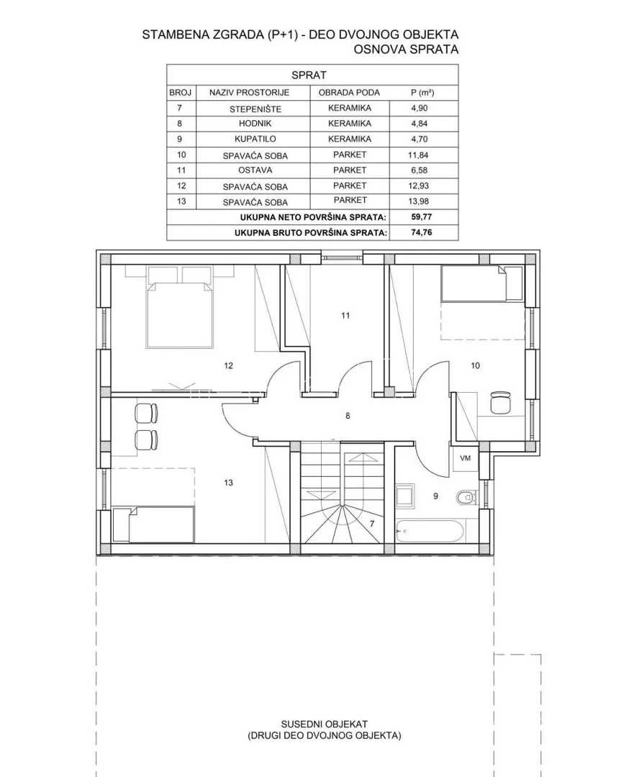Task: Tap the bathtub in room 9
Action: [x=430, y=531]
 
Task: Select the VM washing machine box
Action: [x=465, y=458]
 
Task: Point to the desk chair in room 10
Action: [x=501, y=402]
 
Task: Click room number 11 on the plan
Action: [x=345, y=315]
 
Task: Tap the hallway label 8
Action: [x=348, y=416]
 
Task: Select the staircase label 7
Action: [x=372, y=523]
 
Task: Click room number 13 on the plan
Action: [x=229, y=483]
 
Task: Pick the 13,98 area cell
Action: [x=420, y=201]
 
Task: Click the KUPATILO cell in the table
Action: [x=255, y=139]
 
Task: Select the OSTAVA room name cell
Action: [x=255, y=170]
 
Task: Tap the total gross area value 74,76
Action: [x=421, y=232]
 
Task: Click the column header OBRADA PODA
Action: [x=349, y=92]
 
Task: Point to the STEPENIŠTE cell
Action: [x=255, y=109]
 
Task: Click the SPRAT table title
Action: [x=309, y=76]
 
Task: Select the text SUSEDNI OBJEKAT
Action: [x=324, y=724]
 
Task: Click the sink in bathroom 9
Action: [x=405, y=495]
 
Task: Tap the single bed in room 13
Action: [x=153, y=524]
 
